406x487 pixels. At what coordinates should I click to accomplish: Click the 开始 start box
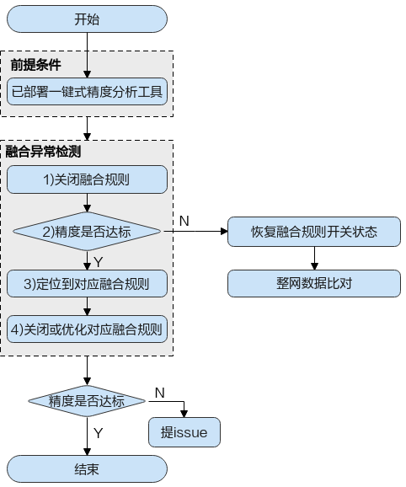[87, 19]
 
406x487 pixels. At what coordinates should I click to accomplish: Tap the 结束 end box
[87, 469]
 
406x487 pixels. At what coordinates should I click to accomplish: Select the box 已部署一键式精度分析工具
[87, 92]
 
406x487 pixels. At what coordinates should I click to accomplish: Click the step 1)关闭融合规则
[87, 179]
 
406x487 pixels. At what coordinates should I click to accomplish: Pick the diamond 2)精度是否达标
[87, 232]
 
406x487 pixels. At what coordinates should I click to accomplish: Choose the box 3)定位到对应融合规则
[87, 284]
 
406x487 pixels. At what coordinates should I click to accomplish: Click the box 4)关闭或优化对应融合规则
[87, 329]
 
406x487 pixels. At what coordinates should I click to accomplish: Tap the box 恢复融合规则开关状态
[314, 232]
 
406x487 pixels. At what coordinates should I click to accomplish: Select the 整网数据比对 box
[314, 283]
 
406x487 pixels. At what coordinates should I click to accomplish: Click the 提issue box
[184, 432]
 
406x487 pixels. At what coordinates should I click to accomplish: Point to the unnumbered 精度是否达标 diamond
[87, 401]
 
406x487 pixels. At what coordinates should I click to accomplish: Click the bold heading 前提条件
[35, 65]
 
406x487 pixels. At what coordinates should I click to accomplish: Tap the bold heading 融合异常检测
[43, 152]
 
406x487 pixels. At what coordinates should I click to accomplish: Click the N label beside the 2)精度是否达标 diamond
[184, 221]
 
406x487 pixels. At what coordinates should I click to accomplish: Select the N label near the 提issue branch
[159, 393]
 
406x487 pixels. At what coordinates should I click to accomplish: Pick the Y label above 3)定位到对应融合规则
[98, 262]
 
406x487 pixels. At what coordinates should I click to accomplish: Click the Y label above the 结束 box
[98, 433]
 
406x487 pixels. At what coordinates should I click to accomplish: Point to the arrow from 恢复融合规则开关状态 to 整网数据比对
[314, 258]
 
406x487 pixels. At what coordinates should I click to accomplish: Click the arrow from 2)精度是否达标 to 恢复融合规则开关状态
[196, 231]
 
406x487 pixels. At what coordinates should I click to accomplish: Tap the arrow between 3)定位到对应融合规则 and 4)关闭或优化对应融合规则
[88, 307]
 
